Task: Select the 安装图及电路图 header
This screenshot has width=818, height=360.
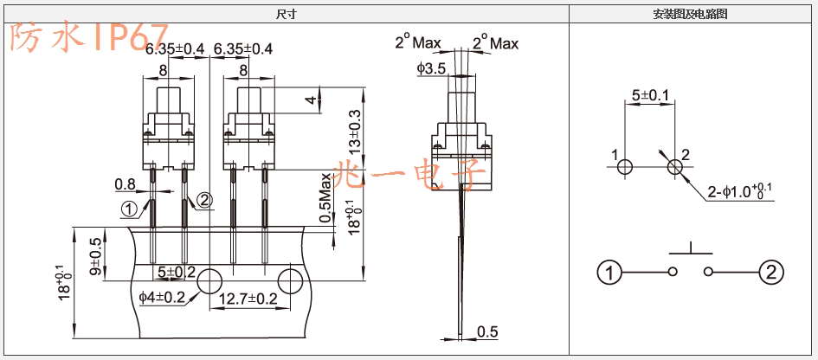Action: click(x=690, y=15)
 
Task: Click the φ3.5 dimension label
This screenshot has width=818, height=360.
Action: click(x=431, y=68)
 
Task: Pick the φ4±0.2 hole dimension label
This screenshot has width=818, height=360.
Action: click(x=162, y=298)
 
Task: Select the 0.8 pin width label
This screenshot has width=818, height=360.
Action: click(x=125, y=183)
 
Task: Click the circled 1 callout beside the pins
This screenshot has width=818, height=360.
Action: click(x=129, y=209)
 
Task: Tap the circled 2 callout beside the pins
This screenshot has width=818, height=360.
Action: click(x=205, y=201)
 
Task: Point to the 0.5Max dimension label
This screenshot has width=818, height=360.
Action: click(x=325, y=197)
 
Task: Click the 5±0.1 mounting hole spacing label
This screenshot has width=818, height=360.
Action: click(x=649, y=95)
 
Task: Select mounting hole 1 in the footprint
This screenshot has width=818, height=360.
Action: click(x=625, y=167)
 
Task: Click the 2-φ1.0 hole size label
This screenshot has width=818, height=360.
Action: click(x=741, y=192)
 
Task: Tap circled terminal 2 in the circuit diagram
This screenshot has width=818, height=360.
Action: click(x=771, y=273)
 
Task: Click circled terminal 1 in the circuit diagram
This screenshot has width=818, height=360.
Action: click(x=609, y=273)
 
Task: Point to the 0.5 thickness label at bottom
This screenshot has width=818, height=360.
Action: click(x=487, y=331)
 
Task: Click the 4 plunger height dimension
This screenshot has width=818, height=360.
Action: click(x=312, y=100)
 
